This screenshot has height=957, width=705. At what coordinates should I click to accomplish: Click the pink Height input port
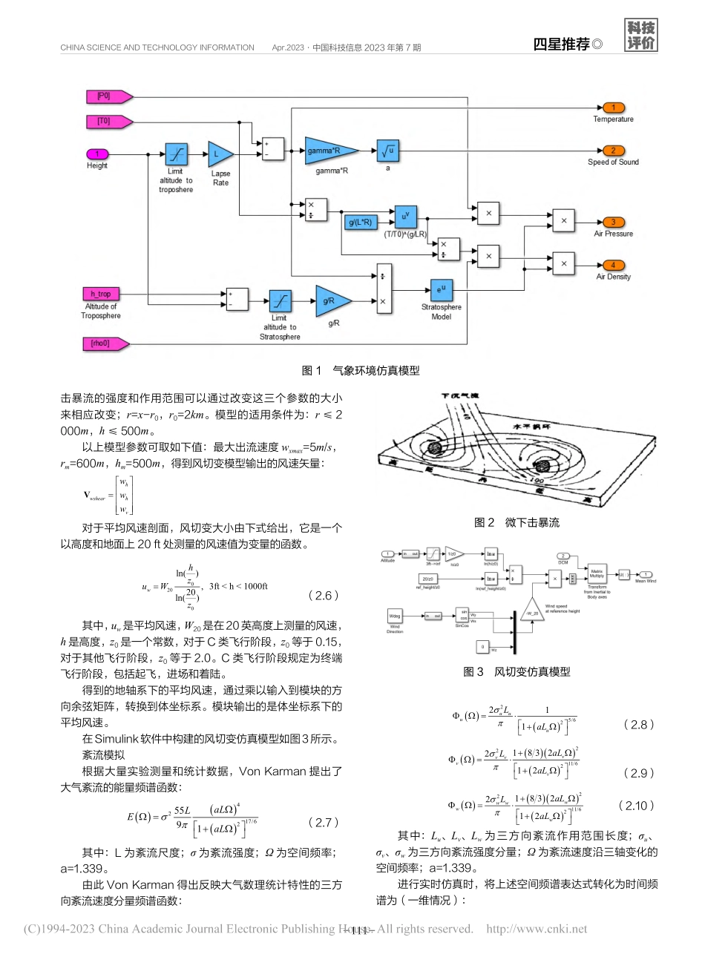[x=97, y=154]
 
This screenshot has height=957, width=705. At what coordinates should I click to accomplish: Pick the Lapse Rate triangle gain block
[x=219, y=154]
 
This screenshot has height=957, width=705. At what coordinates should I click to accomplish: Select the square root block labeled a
[x=388, y=151]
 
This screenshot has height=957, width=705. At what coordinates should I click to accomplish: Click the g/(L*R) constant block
[x=361, y=221]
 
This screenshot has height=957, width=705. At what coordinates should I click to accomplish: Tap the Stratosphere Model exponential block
[x=441, y=290]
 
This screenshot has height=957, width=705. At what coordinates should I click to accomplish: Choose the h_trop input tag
[x=100, y=295]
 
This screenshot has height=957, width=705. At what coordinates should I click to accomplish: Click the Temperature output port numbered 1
[x=613, y=108]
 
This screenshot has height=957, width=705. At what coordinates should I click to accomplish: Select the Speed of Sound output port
[x=613, y=151]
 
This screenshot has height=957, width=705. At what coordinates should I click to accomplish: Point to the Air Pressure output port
[x=613, y=222]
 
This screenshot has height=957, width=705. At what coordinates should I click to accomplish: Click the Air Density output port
[x=613, y=266]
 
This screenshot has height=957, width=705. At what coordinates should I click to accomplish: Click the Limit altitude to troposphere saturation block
[x=176, y=154]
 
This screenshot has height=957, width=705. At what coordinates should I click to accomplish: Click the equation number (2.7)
[x=324, y=822]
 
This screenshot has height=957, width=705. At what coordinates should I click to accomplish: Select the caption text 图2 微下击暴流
[x=517, y=522]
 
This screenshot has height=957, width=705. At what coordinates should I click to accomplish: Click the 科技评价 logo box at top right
[x=641, y=36]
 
